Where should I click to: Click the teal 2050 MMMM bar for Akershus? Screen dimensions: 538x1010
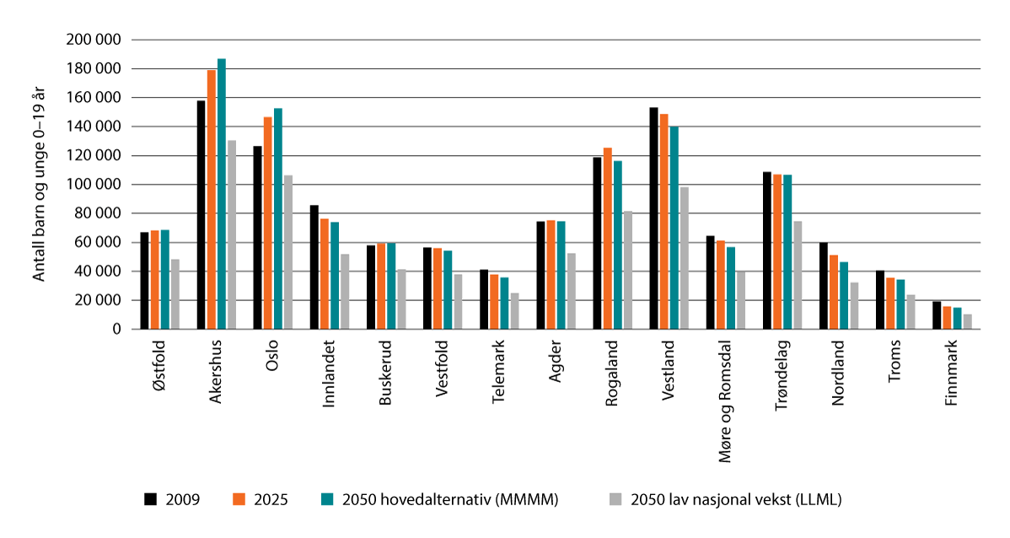222,194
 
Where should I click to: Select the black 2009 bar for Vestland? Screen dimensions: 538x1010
654,218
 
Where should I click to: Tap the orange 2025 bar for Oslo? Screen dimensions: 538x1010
268,223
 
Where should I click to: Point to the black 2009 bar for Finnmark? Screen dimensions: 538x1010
937,315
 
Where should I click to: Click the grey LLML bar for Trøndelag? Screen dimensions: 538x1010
798,275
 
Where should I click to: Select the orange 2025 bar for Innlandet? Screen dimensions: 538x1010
325,273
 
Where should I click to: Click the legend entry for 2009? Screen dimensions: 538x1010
173,499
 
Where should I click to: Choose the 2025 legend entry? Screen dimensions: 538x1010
261,499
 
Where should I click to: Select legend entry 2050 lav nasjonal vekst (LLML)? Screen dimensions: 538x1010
725,499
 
